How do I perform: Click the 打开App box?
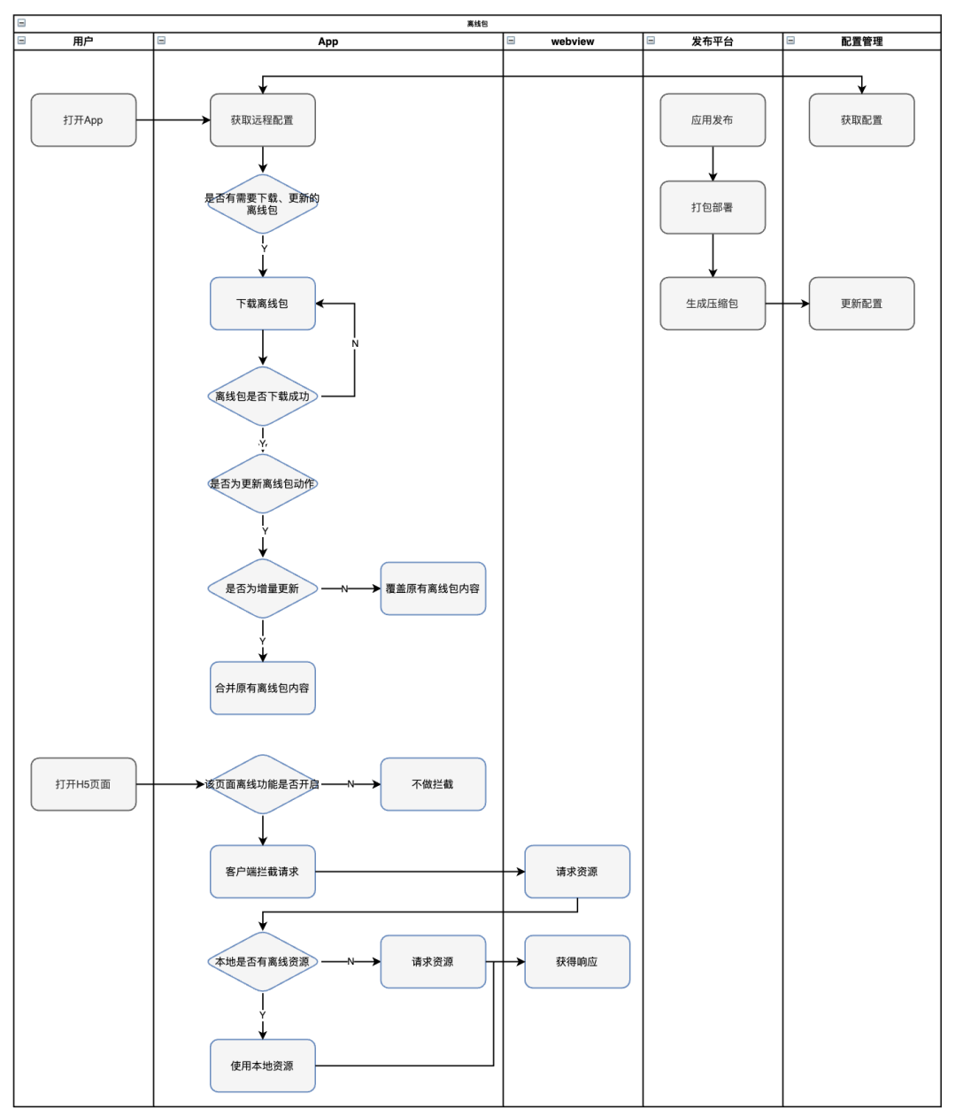coord(83,119)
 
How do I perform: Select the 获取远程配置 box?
coord(262,119)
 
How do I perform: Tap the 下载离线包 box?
coord(262,304)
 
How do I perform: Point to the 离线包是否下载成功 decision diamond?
coord(262,396)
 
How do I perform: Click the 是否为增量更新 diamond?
coord(262,589)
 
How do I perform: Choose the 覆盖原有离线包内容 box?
coord(433,589)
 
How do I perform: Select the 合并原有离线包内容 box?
coord(262,688)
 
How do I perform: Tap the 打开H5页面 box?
coord(83,784)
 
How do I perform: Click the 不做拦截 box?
coord(433,784)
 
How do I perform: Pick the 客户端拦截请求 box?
coord(262,872)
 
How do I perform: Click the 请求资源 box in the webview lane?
coord(577,872)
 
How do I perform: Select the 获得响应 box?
coord(577,962)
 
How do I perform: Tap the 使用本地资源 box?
coord(262,1066)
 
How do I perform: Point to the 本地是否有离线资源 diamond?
coord(262,962)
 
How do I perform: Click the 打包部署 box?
coord(713,207)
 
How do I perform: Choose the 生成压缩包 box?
coord(713,304)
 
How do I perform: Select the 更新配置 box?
coord(861,304)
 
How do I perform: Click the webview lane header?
coord(573,41)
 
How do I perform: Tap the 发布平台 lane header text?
coord(713,41)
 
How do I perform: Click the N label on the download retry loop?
coord(355,343)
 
